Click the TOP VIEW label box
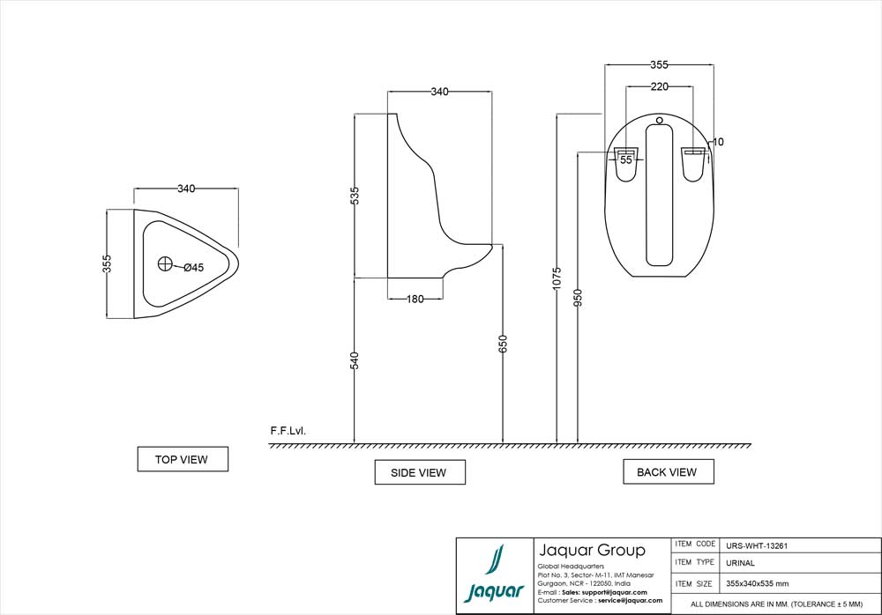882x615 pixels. pos(183,459)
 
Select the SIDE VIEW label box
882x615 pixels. pos(419,472)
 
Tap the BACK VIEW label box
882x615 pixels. pos(667,471)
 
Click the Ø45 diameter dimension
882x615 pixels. pos(193,268)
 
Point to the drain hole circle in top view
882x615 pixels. pos(165,263)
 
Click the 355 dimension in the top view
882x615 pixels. pos(107,263)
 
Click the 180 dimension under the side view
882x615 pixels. pos(415,299)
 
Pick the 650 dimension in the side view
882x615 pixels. pos(503,345)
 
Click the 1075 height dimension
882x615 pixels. pos(557,278)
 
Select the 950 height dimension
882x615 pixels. pos(578,298)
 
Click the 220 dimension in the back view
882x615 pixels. pos(660,86)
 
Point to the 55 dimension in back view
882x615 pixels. pos(625,160)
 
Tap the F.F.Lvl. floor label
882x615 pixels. pos(288,432)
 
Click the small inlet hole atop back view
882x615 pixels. pos(659,119)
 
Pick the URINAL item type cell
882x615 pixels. pos(740,563)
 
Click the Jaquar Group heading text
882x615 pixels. pos(591,551)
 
